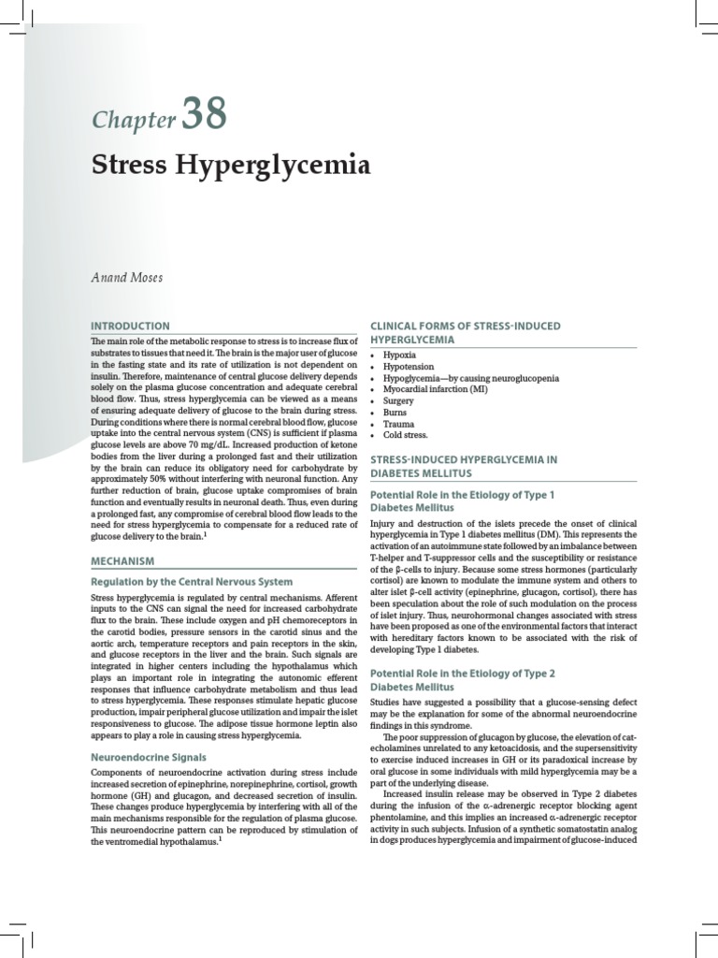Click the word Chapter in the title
pos(134,119)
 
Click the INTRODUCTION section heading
pos(130,326)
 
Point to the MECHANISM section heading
pos(122,560)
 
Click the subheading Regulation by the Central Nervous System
pos(192,581)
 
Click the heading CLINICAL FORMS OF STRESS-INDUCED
pos(466,325)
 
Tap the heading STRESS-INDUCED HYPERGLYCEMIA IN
pos(464,459)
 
